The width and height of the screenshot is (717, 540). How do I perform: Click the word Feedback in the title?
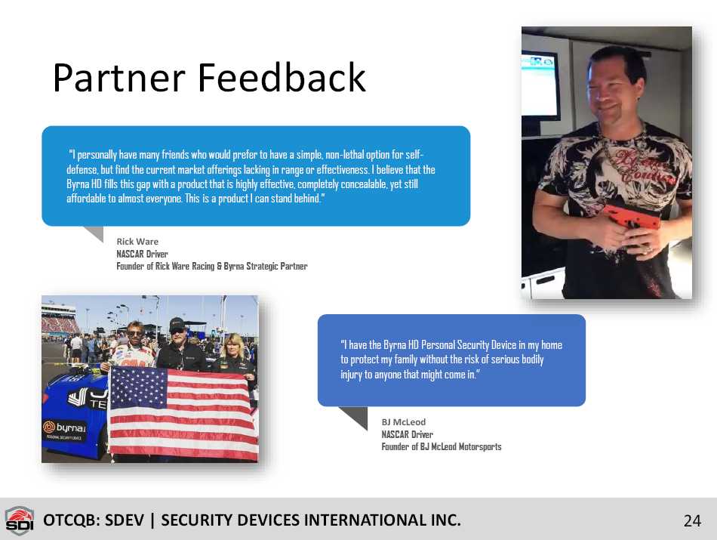282,77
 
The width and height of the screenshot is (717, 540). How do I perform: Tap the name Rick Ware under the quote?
137,241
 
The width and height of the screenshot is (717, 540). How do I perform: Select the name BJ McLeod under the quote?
403,422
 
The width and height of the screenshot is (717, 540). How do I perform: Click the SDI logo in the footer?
19,520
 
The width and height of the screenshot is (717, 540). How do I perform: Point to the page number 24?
692,521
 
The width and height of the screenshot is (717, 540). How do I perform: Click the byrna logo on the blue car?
64,428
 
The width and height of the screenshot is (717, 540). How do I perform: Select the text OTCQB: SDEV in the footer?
94,520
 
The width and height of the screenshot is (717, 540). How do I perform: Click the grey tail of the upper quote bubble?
94,233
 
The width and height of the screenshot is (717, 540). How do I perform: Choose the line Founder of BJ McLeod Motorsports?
442,446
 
